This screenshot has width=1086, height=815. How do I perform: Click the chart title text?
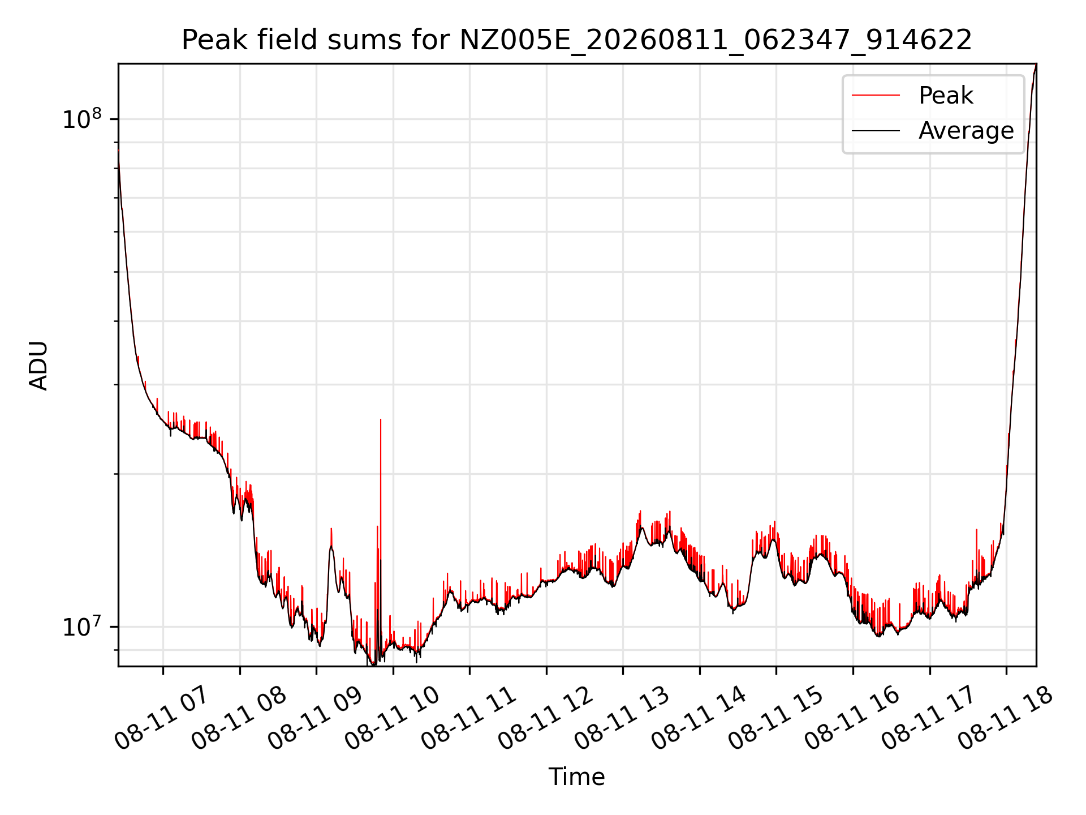[576, 40]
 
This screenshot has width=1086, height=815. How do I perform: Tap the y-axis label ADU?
[38, 365]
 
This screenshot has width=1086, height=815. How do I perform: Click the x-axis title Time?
[576, 777]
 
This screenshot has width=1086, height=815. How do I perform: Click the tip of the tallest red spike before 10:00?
[381, 419]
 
